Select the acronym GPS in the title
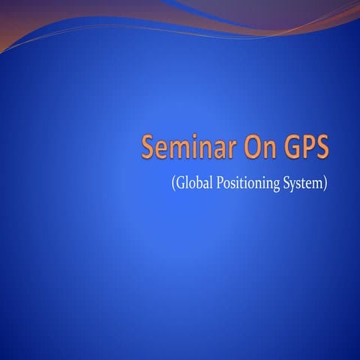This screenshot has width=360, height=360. (304, 147)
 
